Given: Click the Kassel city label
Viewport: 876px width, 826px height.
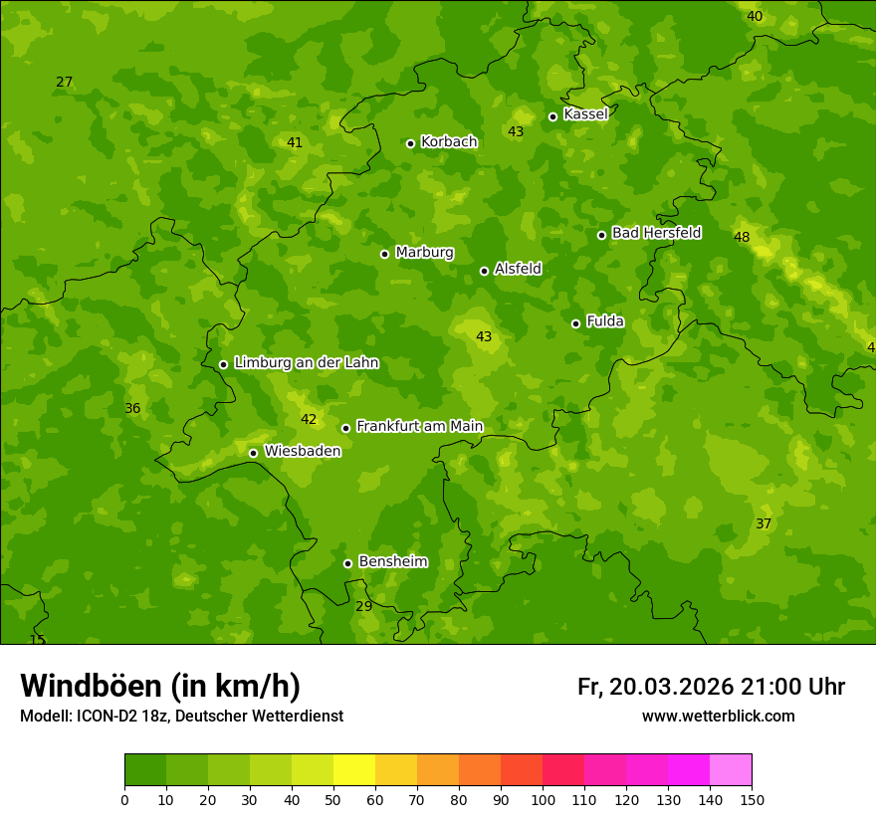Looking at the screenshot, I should (585, 114).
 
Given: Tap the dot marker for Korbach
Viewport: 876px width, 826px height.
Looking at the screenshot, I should (410, 143).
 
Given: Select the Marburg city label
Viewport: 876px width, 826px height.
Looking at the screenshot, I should (424, 253).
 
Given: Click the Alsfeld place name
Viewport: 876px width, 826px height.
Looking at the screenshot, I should (518, 269).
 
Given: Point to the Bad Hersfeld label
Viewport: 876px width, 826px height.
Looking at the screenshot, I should (656, 233).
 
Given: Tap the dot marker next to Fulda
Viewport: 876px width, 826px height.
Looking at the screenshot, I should (575, 323).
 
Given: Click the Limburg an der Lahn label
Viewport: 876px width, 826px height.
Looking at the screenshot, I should (306, 363).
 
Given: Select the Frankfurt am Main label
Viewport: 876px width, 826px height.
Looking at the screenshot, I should (419, 426).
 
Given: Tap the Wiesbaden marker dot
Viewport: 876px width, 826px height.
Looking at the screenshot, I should (253, 453).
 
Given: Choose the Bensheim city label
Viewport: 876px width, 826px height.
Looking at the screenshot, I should (392, 561).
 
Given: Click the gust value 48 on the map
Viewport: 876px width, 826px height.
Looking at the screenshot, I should (742, 237).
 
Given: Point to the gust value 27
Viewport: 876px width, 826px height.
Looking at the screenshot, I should (65, 82).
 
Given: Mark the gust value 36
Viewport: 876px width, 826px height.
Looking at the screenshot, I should (132, 408).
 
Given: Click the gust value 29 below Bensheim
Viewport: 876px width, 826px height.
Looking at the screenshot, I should (364, 606).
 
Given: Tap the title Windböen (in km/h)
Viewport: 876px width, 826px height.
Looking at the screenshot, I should (160, 686).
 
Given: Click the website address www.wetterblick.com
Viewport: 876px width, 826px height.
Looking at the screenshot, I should (718, 716).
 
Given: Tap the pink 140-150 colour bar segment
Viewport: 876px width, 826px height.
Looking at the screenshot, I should (731, 770).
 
